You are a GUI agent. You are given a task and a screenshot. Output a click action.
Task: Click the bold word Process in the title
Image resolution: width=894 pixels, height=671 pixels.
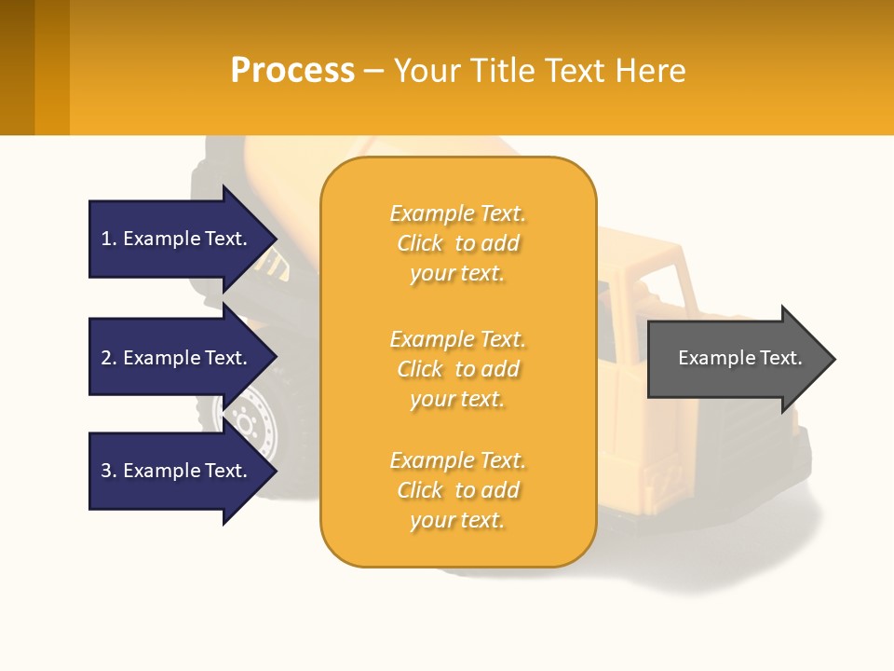[292, 71]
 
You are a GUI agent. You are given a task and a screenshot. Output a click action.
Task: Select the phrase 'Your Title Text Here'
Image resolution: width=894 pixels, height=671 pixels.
[539, 71]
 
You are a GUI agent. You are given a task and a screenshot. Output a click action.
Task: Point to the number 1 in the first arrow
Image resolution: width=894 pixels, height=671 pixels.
[106, 239]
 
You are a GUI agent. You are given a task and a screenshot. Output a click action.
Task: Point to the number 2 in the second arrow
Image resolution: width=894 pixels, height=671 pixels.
[106, 358]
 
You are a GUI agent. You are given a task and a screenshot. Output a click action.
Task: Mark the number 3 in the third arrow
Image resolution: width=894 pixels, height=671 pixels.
[106, 471]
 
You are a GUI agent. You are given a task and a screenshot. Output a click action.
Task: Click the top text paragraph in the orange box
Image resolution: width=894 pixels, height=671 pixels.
[457, 243]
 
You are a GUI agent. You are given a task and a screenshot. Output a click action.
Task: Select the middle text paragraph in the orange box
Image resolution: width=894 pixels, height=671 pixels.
[457, 369]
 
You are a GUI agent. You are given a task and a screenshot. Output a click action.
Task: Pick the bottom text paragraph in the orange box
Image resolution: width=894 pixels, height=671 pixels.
[457, 490]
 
